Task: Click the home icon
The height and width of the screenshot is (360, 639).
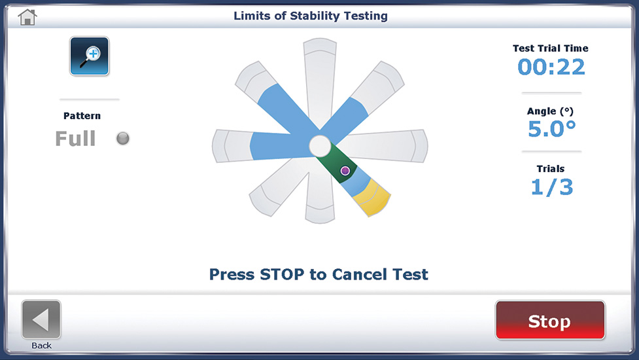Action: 27,17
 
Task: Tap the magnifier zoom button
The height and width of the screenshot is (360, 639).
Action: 89,56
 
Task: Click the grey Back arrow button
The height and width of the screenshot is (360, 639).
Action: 41,319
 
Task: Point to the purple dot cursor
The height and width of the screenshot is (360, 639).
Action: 345,170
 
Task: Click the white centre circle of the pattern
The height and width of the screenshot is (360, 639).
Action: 320,146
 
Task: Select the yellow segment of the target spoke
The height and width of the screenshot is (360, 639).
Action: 371,198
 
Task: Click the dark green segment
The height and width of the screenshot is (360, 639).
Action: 337,163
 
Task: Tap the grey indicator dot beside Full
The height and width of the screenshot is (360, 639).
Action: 123,138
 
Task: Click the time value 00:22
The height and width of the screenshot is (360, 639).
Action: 551,67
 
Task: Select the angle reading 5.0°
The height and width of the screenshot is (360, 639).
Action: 551,129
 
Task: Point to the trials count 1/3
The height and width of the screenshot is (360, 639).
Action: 551,187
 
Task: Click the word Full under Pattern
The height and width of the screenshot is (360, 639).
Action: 75,139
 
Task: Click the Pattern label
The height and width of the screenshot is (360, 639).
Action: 82,116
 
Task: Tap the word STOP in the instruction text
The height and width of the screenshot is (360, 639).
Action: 282,274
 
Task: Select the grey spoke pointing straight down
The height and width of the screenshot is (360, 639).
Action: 320,192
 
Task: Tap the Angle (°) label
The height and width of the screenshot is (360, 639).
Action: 550,111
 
